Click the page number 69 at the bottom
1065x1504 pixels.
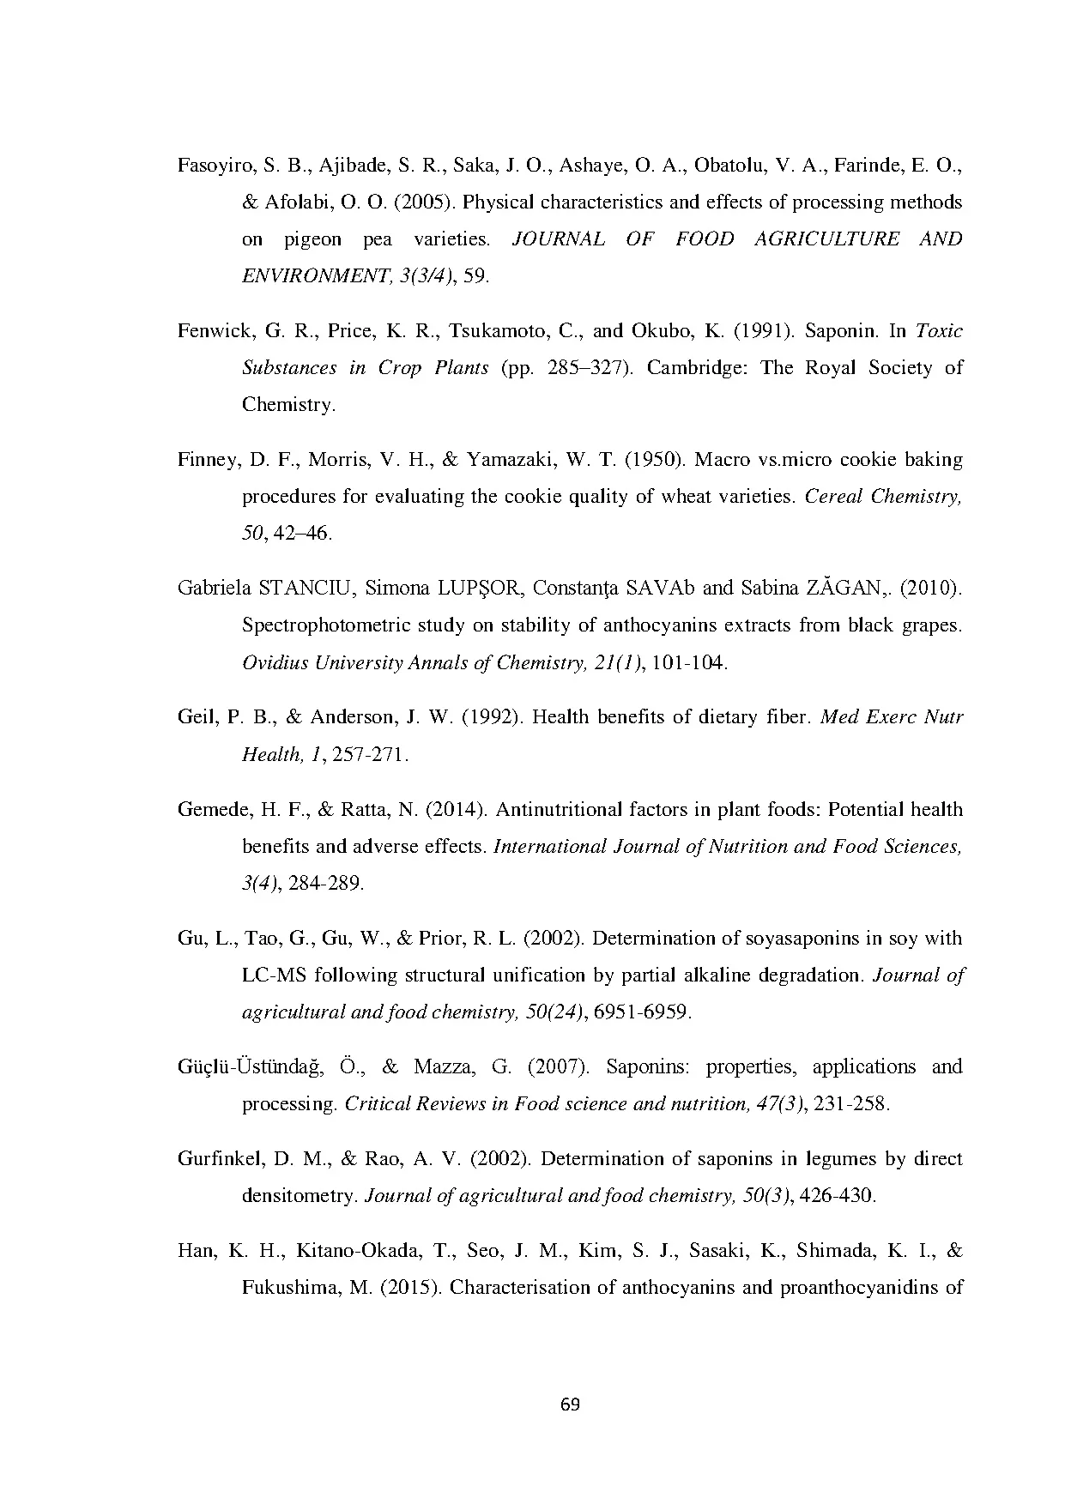570,1404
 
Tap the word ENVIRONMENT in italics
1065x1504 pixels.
300,276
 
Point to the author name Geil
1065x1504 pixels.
196,717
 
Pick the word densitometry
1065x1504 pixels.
300,1196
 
